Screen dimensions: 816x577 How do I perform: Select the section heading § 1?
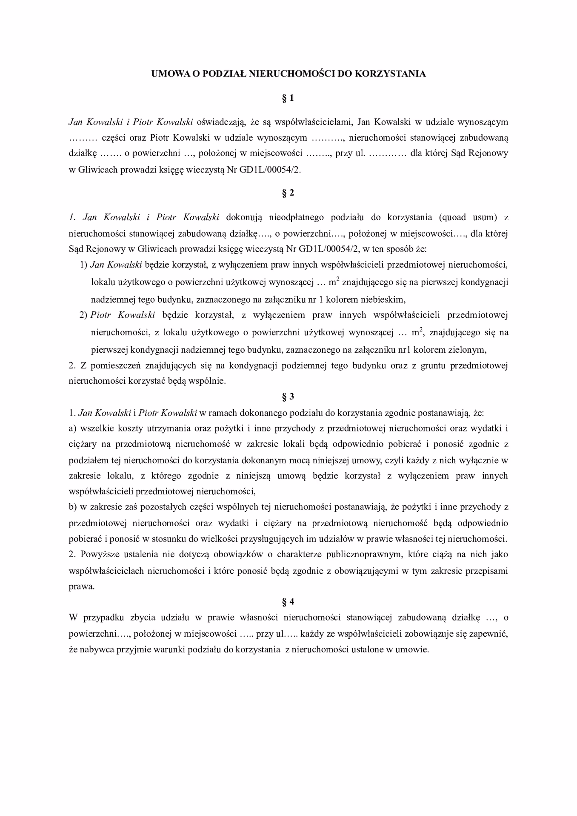click(288, 98)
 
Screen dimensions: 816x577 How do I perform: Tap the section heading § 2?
click(288, 193)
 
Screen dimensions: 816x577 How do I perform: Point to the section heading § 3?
click(288, 397)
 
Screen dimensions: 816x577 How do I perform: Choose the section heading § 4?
click(288, 601)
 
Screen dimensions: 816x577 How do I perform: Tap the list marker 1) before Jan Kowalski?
click(83, 265)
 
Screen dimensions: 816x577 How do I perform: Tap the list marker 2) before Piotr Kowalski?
click(83, 315)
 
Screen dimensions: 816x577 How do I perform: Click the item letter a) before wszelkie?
click(72, 428)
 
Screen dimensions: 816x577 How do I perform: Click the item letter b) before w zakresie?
click(72, 507)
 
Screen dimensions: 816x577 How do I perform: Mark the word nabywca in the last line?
click(92, 650)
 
